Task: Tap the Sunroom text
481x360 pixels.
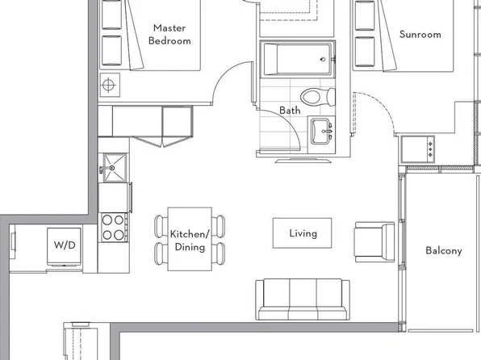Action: click(420, 34)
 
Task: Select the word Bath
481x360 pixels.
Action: click(290, 110)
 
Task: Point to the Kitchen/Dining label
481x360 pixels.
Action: click(188, 241)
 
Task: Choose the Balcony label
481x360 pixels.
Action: click(444, 250)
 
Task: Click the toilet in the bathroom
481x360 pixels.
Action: click(328, 96)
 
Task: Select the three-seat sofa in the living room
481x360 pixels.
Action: click(302, 299)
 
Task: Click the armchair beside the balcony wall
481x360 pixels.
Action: click(374, 241)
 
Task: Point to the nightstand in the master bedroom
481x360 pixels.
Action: click(109, 84)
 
